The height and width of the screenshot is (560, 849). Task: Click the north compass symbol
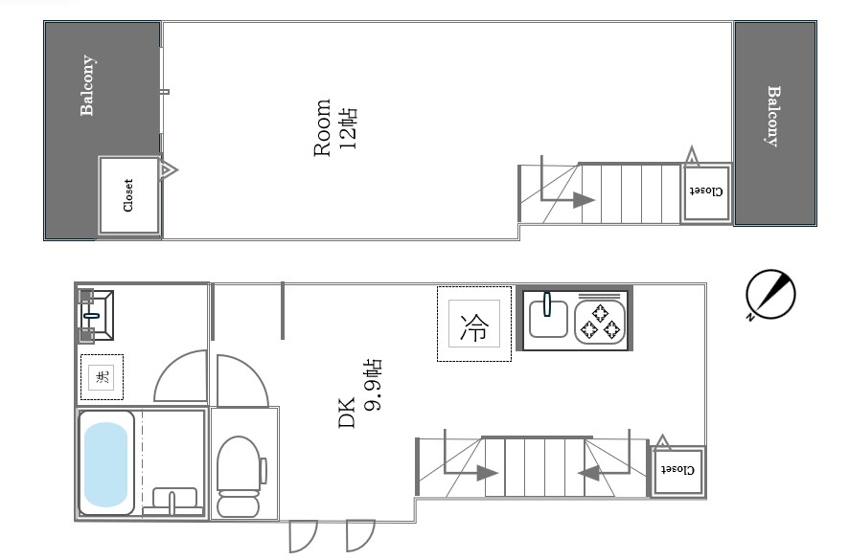770,295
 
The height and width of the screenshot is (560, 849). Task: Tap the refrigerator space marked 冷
473,324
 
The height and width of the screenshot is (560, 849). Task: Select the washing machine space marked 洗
102,376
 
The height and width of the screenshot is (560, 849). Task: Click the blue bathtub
105,464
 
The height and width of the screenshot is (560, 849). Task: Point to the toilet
240,476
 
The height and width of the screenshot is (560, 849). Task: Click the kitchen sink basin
548,318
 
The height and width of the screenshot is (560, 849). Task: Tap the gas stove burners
600,322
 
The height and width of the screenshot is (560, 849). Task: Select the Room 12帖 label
335,127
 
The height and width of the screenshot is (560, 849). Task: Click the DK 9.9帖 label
360,392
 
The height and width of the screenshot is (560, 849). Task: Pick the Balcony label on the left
87,85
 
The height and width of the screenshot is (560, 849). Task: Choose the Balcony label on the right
774,116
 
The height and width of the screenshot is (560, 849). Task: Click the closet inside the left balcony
128,195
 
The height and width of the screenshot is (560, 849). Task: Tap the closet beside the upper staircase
706,192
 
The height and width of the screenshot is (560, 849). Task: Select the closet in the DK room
677,470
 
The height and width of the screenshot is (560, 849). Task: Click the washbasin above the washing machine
97,316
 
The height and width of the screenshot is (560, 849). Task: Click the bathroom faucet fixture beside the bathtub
173,501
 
